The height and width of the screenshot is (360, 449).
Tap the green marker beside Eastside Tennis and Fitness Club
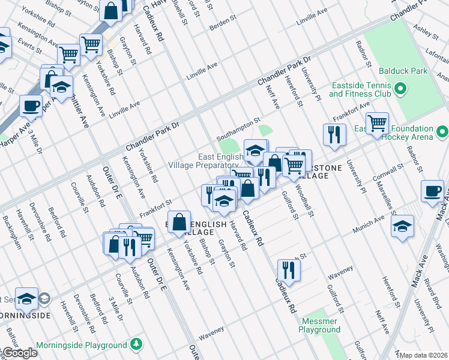400,90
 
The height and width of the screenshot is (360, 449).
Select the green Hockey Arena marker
442,131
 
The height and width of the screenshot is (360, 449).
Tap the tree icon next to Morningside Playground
137,344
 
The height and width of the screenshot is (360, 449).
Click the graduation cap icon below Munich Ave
402,226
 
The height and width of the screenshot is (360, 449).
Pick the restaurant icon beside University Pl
334,134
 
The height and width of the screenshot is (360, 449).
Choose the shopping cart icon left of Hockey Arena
377,123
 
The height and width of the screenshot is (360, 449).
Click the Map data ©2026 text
424,355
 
